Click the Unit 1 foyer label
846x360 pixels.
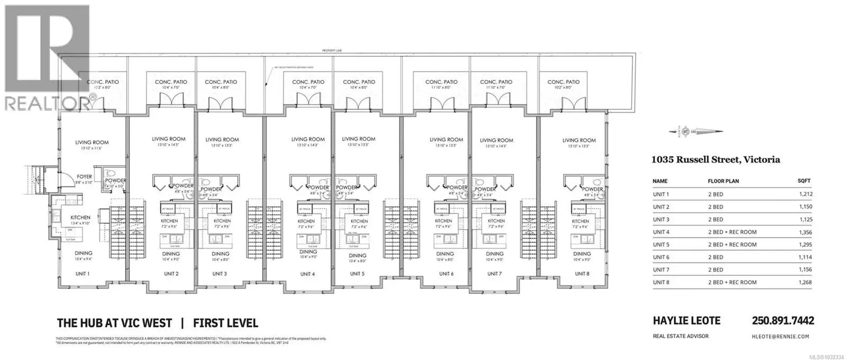click(x=85, y=177)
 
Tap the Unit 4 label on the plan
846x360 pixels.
click(x=308, y=274)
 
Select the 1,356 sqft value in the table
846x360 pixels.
click(x=805, y=232)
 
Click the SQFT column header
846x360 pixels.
click(x=804, y=181)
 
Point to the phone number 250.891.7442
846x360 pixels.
click(x=783, y=321)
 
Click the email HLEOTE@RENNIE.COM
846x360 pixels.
click(x=780, y=336)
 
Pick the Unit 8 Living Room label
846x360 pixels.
click(x=579, y=141)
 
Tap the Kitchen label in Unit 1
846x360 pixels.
click(x=80, y=217)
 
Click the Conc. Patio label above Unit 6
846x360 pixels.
click(x=441, y=82)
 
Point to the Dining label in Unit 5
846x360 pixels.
click(x=357, y=256)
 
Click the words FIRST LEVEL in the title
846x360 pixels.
click(x=226, y=323)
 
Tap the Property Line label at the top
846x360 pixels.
click(x=332, y=51)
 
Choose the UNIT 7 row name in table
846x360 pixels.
click(x=661, y=270)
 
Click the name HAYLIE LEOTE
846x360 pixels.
click(x=686, y=321)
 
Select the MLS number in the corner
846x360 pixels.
click(x=824, y=356)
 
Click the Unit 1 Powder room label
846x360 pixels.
click(x=115, y=181)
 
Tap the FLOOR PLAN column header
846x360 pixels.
click(x=723, y=181)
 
